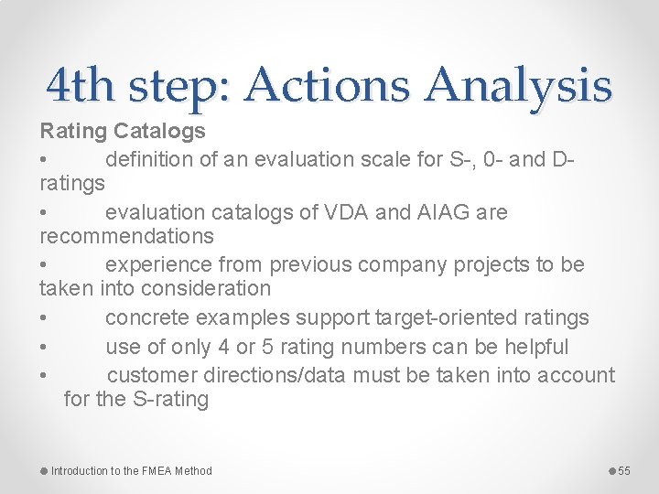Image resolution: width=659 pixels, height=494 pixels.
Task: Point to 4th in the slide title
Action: (82, 87)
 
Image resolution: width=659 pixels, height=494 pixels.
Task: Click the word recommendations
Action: (126, 236)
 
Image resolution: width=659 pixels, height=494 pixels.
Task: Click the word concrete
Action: (149, 317)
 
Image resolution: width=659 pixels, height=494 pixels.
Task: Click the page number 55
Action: (624, 471)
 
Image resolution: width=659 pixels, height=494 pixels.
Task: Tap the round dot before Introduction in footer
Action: (44, 471)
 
